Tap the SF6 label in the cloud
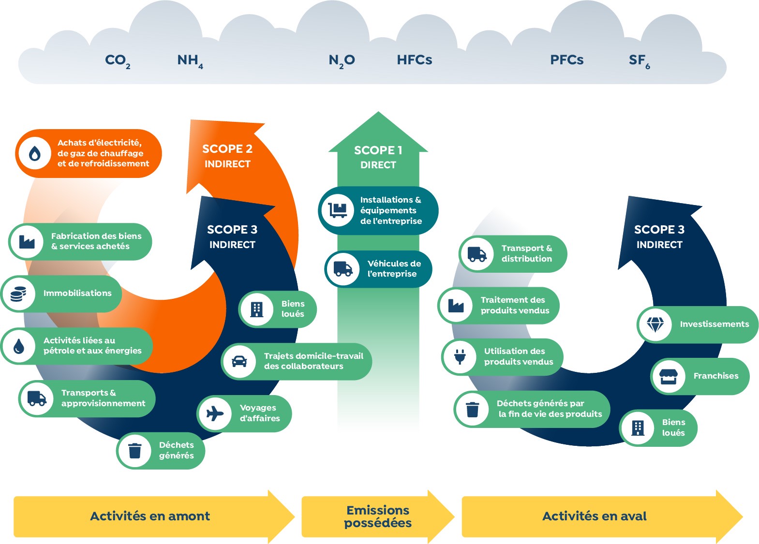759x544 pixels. (x=639, y=60)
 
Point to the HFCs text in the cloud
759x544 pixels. (x=414, y=60)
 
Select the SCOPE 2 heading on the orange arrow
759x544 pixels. (x=227, y=149)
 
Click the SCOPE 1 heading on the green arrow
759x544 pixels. (x=378, y=150)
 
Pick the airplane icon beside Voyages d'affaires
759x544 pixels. (x=215, y=413)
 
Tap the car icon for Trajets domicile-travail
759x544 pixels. (x=239, y=361)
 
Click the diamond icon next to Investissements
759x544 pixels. (x=655, y=324)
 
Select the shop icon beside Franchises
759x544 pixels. (x=668, y=376)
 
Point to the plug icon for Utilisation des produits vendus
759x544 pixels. (x=460, y=357)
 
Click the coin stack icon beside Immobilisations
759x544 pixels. (x=18, y=294)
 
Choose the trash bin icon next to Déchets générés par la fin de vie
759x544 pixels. (x=472, y=409)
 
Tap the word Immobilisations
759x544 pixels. (x=77, y=293)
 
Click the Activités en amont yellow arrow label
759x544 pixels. (x=150, y=516)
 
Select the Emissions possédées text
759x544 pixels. (x=378, y=516)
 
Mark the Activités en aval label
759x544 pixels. (x=594, y=516)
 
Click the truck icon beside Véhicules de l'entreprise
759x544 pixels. (x=343, y=269)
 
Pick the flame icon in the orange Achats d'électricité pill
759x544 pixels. (x=34, y=153)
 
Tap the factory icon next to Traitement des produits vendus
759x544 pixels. (x=456, y=306)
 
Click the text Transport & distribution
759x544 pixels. (x=526, y=253)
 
